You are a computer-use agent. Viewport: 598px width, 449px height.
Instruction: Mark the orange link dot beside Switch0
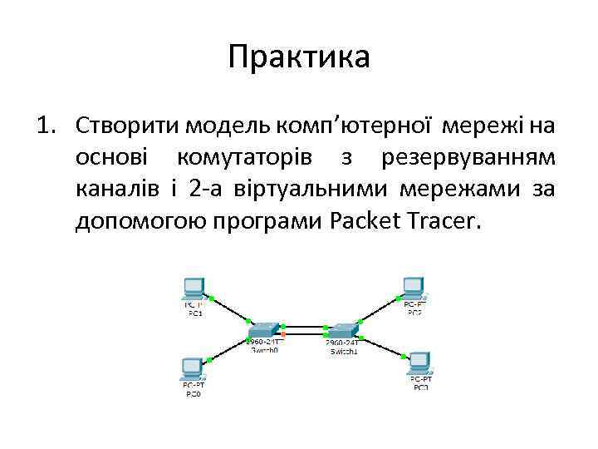(x=283, y=334)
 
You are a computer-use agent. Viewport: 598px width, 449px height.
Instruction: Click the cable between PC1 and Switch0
(x=230, y=308)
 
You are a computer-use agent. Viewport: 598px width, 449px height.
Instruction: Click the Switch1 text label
(x=341, y=351)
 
